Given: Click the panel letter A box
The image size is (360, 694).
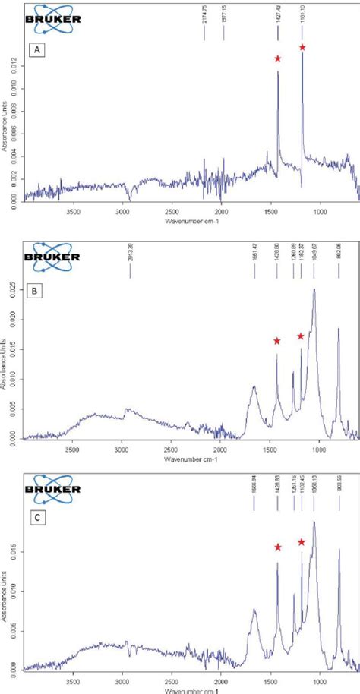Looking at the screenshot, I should tap(36, 50).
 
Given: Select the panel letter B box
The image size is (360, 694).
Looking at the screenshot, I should tap(36, 291).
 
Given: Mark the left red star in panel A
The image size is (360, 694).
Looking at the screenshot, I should tap(278, 58).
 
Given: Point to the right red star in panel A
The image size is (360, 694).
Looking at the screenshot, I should tap(302, 48).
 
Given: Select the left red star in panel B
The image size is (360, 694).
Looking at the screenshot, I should tap(276, 341).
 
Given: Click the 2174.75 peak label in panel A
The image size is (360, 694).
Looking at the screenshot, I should tap(204, 14).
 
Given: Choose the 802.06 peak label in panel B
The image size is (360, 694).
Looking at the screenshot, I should tap(339, 251).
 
